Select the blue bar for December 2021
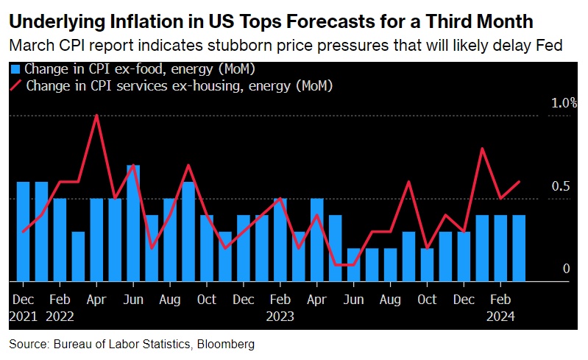pos(23,231)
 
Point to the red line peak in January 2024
pos(483,149)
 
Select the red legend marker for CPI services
pos(15,85)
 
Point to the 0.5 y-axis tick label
pos(562,186)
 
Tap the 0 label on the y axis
pos(567,269)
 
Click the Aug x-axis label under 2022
pos(169,300)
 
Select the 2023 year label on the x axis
pos(280,317)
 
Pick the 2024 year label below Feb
pos(501,317)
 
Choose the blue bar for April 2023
pos(317,239)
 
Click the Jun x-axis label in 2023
pos(354,300)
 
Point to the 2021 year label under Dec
pos(23,317)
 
